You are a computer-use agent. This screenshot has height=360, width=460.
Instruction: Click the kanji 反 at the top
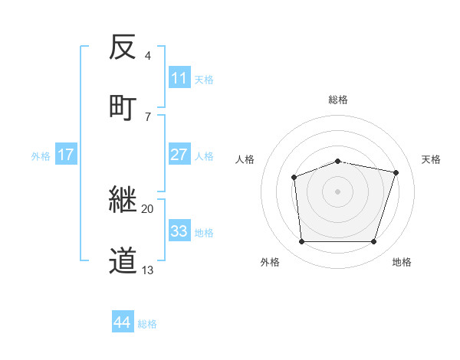(123, 47)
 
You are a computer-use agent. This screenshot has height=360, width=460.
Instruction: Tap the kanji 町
(123, 106)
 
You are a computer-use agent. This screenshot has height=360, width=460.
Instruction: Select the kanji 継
(123, 200)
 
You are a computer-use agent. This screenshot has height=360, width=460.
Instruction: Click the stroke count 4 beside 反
(147, 55)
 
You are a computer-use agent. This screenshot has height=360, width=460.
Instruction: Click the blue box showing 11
(179, 78)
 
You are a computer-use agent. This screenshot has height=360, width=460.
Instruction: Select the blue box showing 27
(179, 154)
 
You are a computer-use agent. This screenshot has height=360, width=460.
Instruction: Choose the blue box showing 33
(179, 231)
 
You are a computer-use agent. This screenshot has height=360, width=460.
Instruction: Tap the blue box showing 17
(66, 155)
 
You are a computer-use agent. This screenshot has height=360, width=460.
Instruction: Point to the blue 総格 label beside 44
(148, 324)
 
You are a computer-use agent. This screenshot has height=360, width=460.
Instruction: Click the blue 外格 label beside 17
(41, 156)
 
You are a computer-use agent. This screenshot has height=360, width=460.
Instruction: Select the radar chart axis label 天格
(431, 159)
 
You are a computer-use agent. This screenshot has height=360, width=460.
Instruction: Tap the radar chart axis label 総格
(338, 100)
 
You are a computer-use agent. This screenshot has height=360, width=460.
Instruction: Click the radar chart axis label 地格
(402, 262)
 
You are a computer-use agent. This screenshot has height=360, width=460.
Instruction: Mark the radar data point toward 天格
(396, 173)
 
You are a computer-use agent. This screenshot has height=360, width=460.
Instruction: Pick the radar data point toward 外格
(301, 242)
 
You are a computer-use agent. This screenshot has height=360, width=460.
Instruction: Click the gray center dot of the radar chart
(337, 191)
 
